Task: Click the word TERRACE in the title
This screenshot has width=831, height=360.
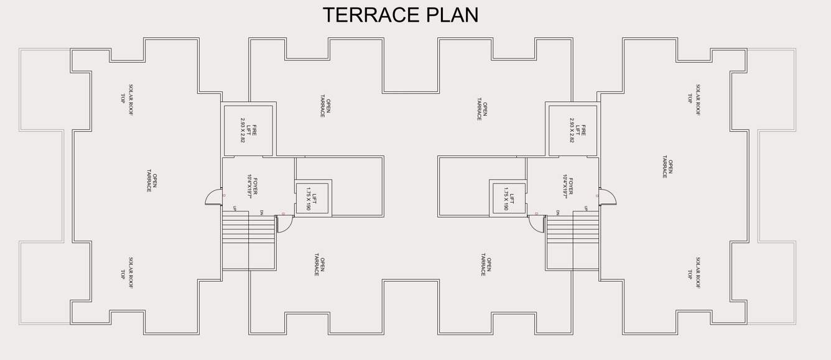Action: click(369, 15)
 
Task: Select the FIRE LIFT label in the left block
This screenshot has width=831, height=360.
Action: click(248, 131)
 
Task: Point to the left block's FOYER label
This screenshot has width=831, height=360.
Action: click(252, 186)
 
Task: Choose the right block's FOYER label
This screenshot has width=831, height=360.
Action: click(567, 186)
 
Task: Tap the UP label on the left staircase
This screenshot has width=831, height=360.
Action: click(234, 209)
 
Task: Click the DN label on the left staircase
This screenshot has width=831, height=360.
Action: click(261, 213)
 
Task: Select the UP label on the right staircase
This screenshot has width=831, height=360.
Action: click(586, 209)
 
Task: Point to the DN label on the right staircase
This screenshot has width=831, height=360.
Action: click(558, 213)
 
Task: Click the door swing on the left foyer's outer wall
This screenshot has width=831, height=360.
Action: click(213, 197)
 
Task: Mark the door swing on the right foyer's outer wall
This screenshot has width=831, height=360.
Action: click(608, 197)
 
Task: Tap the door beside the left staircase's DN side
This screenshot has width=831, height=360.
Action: click(285, 224)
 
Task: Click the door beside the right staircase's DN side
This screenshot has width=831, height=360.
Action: click(536, 224)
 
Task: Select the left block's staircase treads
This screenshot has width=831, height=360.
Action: click(248, 228)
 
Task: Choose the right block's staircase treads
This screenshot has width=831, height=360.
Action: click(573, 228)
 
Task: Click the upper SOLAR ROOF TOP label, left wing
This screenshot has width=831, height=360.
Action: click(127, 99)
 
